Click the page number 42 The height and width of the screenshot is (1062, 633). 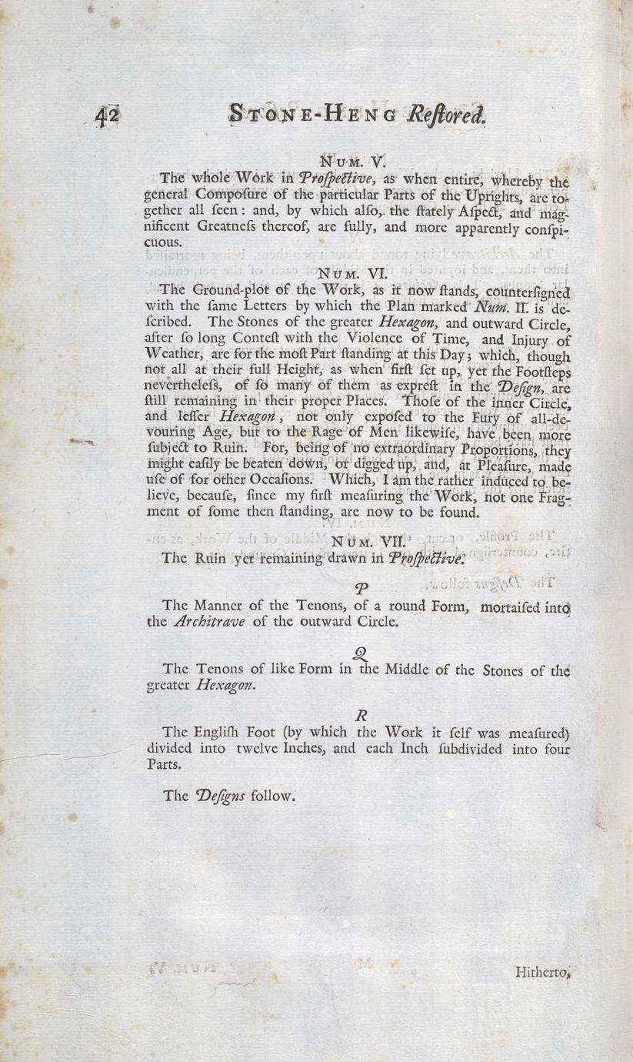[107, 116]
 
